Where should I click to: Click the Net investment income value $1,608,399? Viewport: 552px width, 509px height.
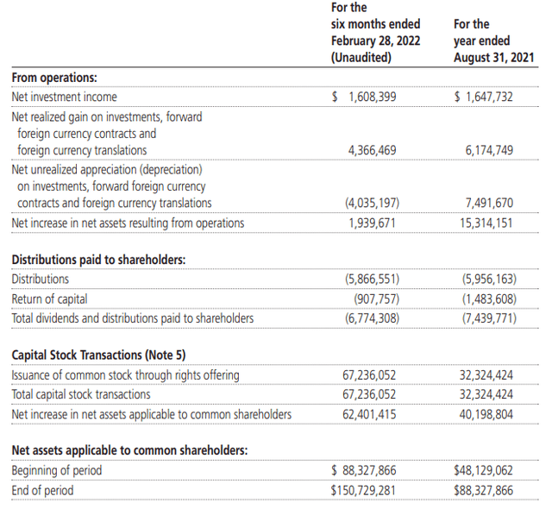pos(364,97)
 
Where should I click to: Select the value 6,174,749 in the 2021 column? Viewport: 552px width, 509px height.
pos(488,150)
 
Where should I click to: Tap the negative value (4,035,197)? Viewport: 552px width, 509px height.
pos(372,203)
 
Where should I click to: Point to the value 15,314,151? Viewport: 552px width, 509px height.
pos(487,223)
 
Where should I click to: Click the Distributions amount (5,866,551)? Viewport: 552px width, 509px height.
pos(372,279)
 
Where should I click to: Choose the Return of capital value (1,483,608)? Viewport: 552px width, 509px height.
pos(488,298)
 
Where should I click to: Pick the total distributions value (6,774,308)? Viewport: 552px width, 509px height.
pos(372,318)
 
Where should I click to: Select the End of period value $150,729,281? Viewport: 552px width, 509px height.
pos(364,490)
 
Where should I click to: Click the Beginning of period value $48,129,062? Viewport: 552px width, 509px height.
pos(483,470)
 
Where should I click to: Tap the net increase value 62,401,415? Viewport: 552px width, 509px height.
pos(372,414)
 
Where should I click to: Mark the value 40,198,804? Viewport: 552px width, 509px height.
pos(487,414)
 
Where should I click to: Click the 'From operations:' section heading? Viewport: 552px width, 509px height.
pos(53,77)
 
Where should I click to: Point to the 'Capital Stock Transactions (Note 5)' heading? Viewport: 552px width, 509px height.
pos(97,355)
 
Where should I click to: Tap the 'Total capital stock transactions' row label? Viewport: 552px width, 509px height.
pos(80,394)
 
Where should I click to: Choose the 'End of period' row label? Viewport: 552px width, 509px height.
pos(42,490)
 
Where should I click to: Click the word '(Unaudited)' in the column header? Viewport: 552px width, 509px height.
pos(361,58)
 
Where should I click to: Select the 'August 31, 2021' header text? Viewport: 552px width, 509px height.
pos(492,58)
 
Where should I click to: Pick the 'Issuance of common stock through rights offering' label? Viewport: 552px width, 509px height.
pos(125,374)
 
